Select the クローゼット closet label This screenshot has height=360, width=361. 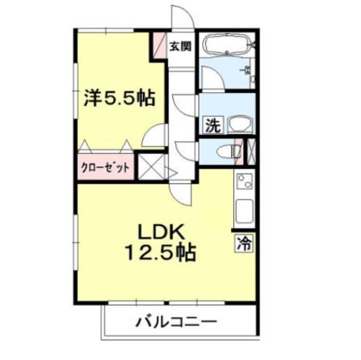click(x=106, y=167)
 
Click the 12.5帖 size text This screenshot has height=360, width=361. click(x=158, y=253)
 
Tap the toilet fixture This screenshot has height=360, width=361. click(x=228, y=150)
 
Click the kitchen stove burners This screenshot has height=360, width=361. click(x=245, y=181)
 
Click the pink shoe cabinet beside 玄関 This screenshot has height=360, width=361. click(x=158, y=44)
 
